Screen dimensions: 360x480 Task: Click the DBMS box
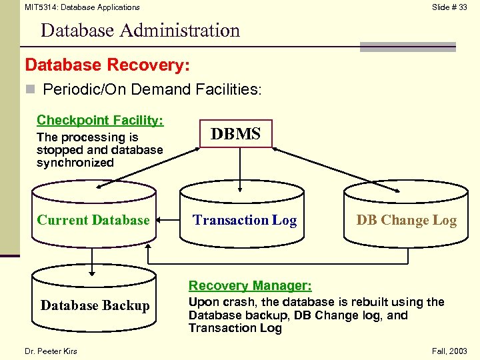[235, 134]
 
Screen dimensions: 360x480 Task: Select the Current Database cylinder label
[93, 220]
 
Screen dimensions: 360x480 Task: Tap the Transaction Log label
[245, 220]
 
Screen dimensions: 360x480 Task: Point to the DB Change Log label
[406, 221]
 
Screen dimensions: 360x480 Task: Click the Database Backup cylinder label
[95, 305]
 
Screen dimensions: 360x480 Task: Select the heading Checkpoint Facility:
[100, 120]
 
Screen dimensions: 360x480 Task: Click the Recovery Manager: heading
[250, 286]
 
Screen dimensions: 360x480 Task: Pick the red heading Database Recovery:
[107, 65]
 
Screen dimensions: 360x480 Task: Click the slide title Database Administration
[140, 31]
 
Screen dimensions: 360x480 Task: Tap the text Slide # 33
[449, 7]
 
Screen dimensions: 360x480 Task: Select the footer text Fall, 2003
[449, 351]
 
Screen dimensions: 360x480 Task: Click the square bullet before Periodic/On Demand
[30, 89]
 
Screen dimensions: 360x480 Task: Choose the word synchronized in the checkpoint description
[75, 163]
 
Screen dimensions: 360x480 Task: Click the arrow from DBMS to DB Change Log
[333, 165]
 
